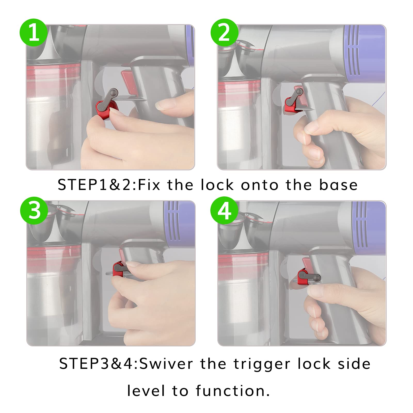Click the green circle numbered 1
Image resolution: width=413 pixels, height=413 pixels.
[x=34, y=33]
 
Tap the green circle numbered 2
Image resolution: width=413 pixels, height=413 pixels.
[x=224, y=33]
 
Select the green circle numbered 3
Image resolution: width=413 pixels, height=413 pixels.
[x=34, y=210]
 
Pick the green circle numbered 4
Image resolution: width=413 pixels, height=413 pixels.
[x=224, y=210]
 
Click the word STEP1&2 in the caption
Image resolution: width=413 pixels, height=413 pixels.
[x=97, y=185]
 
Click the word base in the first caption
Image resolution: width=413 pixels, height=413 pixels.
[x=338, y=185]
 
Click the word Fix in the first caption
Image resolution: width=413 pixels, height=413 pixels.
[x=149, y=185]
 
